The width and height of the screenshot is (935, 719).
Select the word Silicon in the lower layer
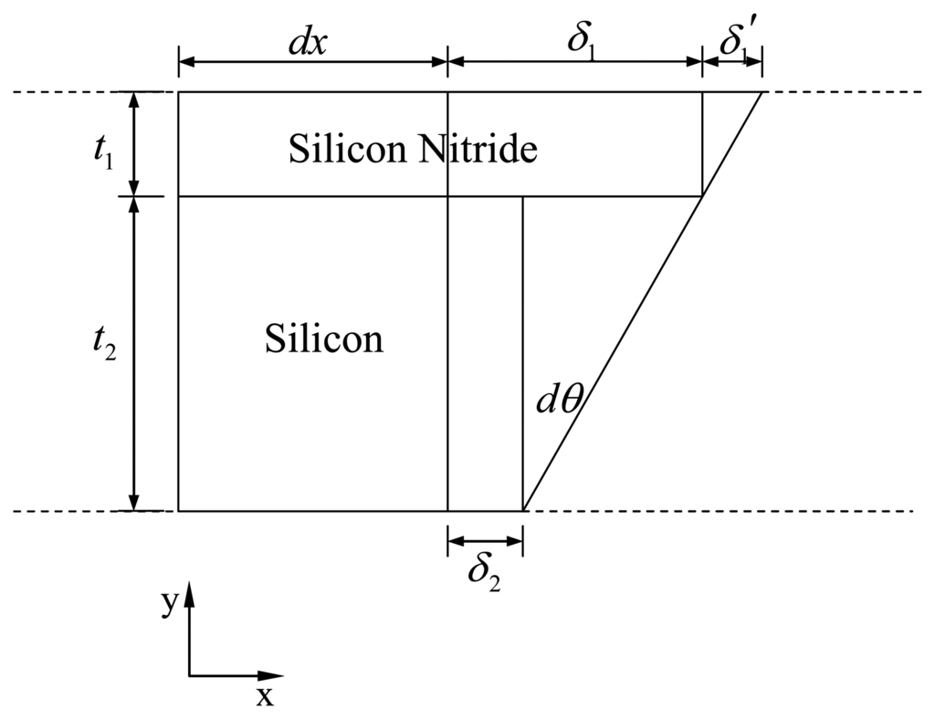point(324,339)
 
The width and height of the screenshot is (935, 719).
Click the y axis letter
point(169,605)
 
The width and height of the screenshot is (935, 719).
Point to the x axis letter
point(264,698)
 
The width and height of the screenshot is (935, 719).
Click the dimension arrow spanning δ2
point(485,542)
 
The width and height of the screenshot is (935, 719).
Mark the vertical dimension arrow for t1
point(134,144)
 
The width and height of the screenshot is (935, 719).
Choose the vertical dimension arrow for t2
point(134,353)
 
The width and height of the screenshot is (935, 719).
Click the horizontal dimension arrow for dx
point(312,62)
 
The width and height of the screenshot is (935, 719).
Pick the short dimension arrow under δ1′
point(731,62)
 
